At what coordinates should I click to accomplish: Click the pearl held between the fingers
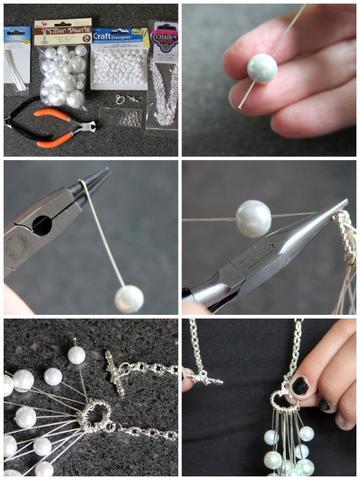(261, 68)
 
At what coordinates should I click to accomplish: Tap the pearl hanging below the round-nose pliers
(127, 297)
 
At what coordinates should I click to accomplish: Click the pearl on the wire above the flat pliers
(253, 218)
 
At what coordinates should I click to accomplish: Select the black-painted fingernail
(300, 385)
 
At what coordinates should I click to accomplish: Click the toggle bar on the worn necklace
(201, 377)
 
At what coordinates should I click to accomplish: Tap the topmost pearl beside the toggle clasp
(76, 354)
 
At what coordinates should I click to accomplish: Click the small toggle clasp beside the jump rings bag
(120, 99)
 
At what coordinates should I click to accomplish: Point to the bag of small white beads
(118, 70)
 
